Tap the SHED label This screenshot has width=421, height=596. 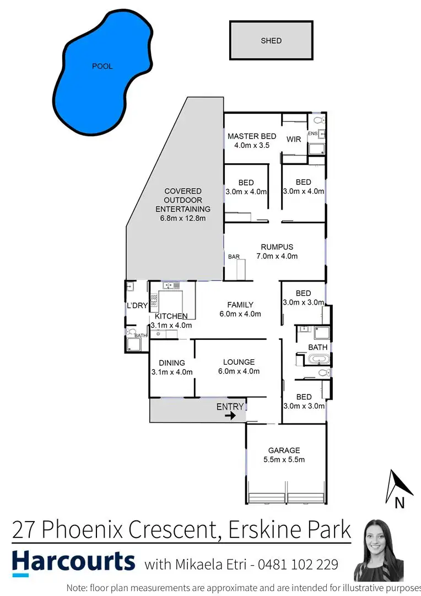pos(271,40)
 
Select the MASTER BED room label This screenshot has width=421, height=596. pos(252,136)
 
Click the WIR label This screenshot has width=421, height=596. pos(294,139)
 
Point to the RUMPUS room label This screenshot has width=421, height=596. pos(277,247)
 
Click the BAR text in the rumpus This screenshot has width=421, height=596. pos(234,257)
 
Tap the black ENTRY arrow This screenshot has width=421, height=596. pos(231,416)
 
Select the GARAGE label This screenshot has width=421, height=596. pos(284,450)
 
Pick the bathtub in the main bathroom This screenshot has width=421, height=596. pos(318,359)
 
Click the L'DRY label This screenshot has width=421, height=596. pos(136,306)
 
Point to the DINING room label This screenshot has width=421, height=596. pos(172,363)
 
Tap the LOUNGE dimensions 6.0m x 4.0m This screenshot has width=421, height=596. pos(239,371)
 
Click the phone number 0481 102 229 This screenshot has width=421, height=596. pos(306,565)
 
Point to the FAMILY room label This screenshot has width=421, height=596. pos(240,305)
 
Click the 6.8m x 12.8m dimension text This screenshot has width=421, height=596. pos(183,218)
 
